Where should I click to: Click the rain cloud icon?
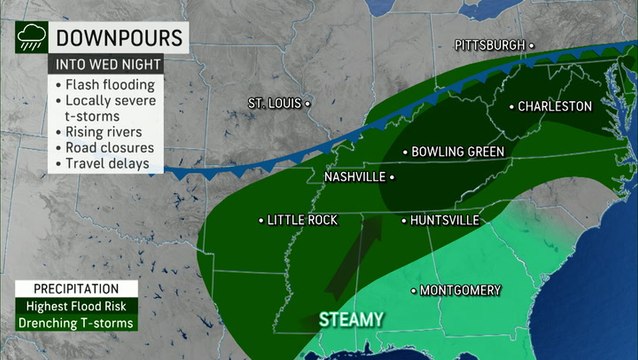[x=28, y=37]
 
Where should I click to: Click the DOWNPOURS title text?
[x=118, y=38]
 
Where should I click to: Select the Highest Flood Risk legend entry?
[x=75, y=306]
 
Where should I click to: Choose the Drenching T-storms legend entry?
[x=77, y=323]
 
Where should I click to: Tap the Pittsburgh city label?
[x=489, y=45]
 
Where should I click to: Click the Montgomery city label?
[x=459, y=290]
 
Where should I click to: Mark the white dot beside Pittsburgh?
[x=531, y=45]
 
